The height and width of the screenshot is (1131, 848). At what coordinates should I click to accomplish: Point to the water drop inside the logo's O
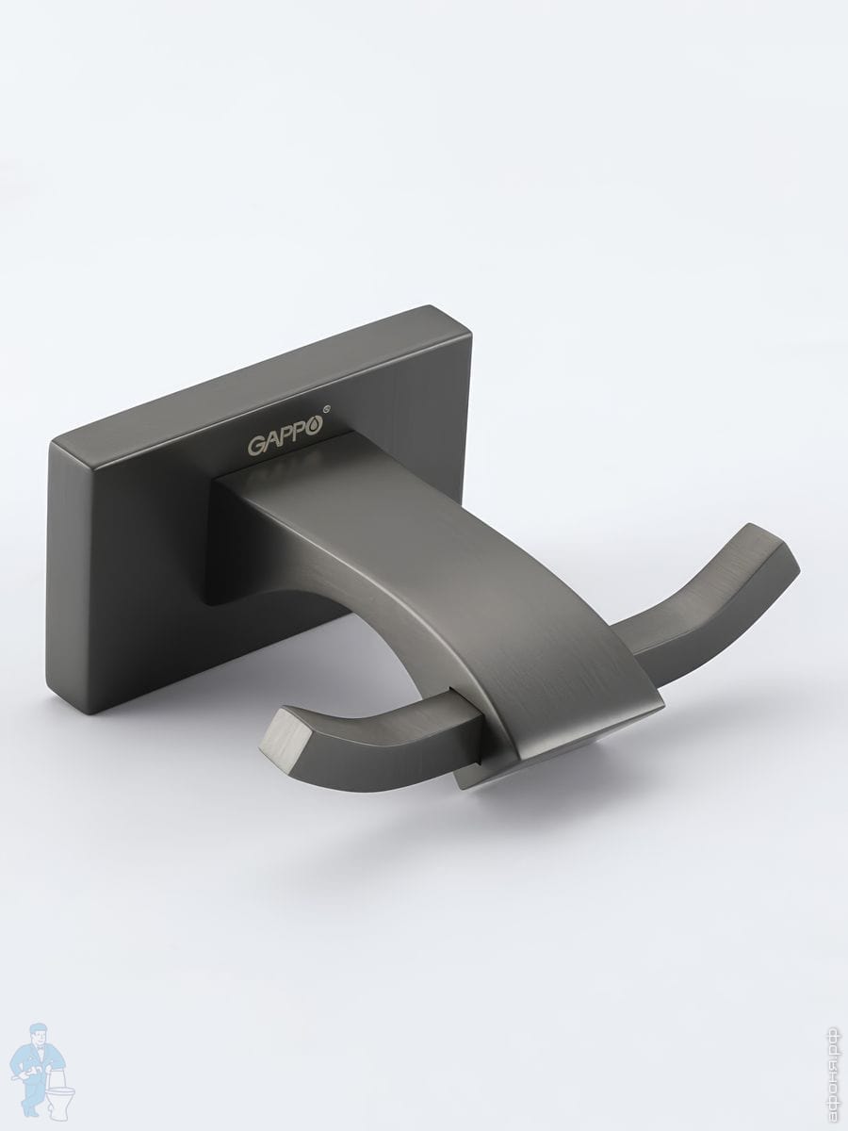(314, 424)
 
